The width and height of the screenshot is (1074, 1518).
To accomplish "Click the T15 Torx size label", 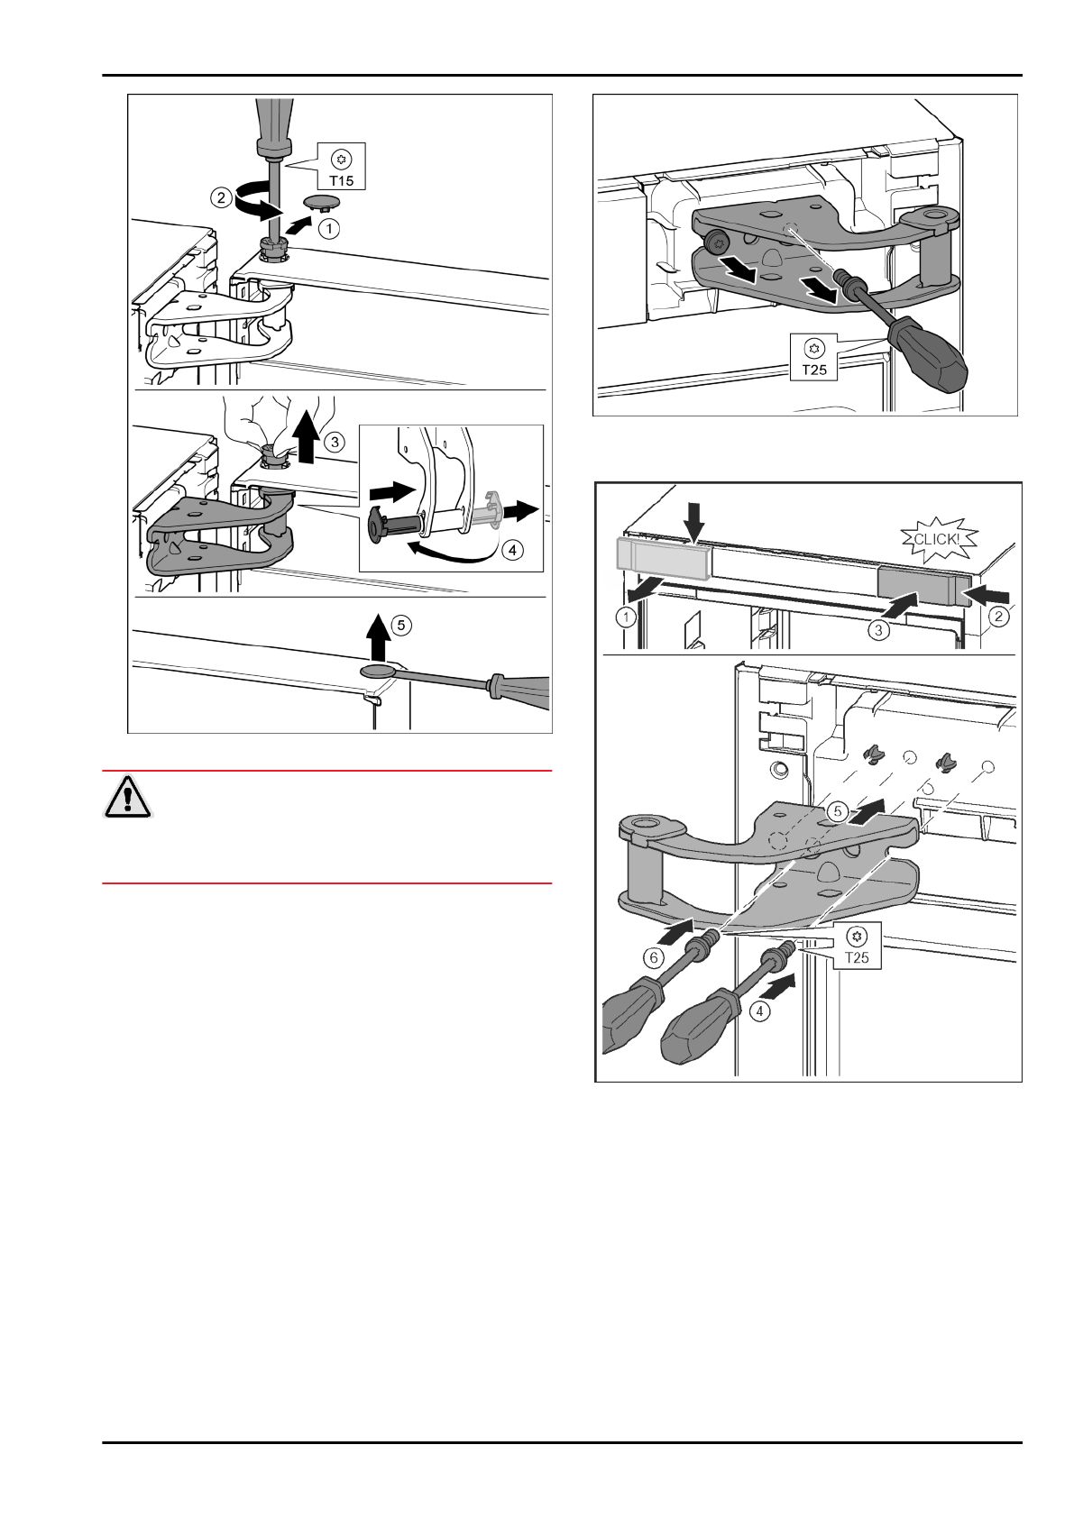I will tap(341, 179).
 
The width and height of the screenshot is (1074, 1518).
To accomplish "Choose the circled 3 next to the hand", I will tap(334, 443).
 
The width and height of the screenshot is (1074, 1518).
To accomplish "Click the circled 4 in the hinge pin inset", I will tap(512, 549).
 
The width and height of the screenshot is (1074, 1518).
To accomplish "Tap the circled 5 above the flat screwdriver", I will tap(400, 623).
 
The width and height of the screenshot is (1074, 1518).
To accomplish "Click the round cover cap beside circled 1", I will tap(323, 200).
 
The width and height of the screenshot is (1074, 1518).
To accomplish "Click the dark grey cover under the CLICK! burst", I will tap(922, 585).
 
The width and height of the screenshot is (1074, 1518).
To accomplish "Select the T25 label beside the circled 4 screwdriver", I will tap(858, 956).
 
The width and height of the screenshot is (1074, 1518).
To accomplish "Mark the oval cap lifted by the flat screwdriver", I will tap(378, 671).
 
